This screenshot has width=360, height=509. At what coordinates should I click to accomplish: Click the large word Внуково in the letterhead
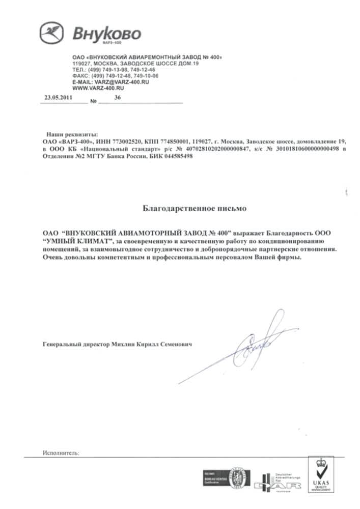[x=106, y=34]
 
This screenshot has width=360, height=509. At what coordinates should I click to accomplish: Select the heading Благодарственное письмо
[x=179, y=208]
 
